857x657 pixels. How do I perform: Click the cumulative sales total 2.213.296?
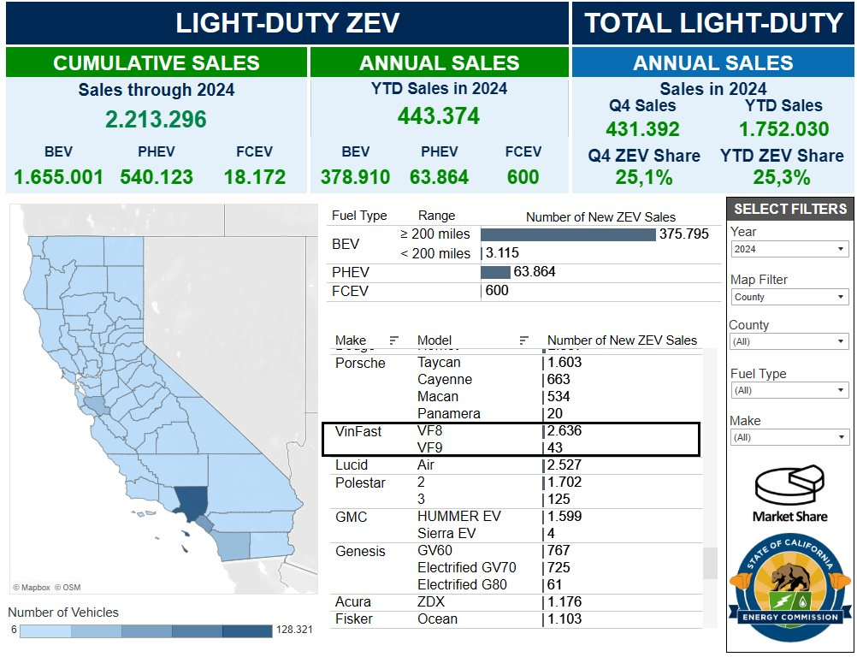156,119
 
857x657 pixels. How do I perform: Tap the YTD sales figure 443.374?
439,116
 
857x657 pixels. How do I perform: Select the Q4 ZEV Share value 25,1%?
643,178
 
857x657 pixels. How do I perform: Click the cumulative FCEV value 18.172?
254,178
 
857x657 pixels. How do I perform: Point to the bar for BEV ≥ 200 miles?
568,234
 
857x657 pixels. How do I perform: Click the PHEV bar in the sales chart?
495,272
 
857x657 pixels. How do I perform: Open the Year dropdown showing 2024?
789,249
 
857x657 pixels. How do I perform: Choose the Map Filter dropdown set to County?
789,297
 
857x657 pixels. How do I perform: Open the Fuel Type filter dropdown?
789,390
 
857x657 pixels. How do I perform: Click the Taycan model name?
439,363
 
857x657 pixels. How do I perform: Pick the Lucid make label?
352,465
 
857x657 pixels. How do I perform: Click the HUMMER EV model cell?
459,517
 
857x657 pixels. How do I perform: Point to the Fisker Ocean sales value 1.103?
565,619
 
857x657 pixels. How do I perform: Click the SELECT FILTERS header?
790,209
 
